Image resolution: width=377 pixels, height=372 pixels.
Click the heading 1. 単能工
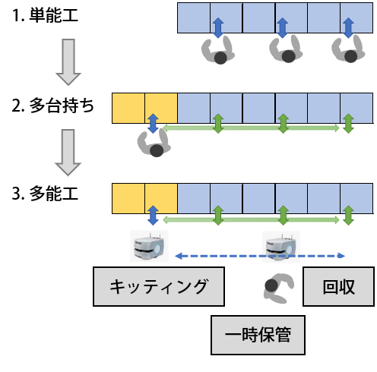45,15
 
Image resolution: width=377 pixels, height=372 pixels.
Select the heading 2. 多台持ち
53,106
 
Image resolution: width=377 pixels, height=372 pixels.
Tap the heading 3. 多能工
45,194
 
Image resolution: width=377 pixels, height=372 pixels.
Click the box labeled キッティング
159,286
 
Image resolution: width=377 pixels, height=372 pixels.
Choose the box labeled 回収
338,286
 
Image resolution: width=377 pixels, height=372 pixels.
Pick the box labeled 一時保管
258,335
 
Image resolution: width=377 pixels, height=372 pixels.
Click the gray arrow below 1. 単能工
68,62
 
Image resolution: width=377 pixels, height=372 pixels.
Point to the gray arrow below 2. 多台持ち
68,153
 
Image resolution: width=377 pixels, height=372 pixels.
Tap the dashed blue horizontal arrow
260,256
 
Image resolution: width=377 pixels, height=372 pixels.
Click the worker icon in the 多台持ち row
154,143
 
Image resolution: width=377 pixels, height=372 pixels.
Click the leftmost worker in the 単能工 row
218,50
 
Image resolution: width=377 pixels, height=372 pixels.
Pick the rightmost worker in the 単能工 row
348,49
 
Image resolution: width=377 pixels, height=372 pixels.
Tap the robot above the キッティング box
149,246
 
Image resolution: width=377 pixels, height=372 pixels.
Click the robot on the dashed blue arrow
281,247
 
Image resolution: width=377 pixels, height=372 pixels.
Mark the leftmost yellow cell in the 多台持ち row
128,108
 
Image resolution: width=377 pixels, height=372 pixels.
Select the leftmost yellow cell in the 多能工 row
128,198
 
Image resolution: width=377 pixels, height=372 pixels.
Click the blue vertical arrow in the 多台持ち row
153,124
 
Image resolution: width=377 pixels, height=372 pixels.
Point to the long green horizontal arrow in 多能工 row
251,220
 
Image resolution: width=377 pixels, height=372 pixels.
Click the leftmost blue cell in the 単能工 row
194,17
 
